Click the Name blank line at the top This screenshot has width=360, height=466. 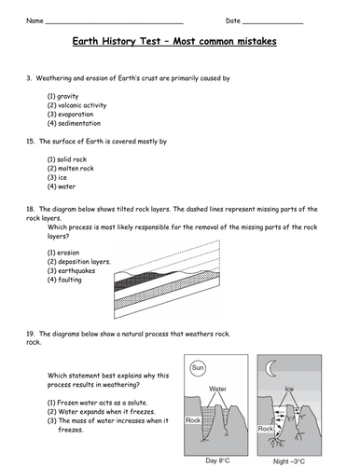[115, 23]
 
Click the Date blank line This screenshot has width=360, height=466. [272, 23]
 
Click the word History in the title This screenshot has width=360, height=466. [118, 41]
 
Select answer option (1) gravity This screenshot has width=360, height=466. [62, 96]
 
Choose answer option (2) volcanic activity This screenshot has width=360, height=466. [76, 105]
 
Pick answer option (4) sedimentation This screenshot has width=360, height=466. [74, 123]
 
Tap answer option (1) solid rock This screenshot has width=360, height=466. [67, 159]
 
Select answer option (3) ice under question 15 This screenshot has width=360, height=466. [57, 177]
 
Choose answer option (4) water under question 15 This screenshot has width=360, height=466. [62, 186]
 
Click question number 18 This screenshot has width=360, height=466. [30, 209]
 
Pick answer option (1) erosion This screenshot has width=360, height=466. [63, 253]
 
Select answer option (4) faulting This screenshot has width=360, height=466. [64, 280]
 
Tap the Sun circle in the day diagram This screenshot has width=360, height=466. [198, 368]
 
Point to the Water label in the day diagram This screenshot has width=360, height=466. [217, 389]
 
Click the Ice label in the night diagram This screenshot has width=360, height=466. [289, 389]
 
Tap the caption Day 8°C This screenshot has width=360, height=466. [217, 460]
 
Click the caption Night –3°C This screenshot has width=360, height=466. [289, 461]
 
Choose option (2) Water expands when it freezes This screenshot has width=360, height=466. [101, 412]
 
